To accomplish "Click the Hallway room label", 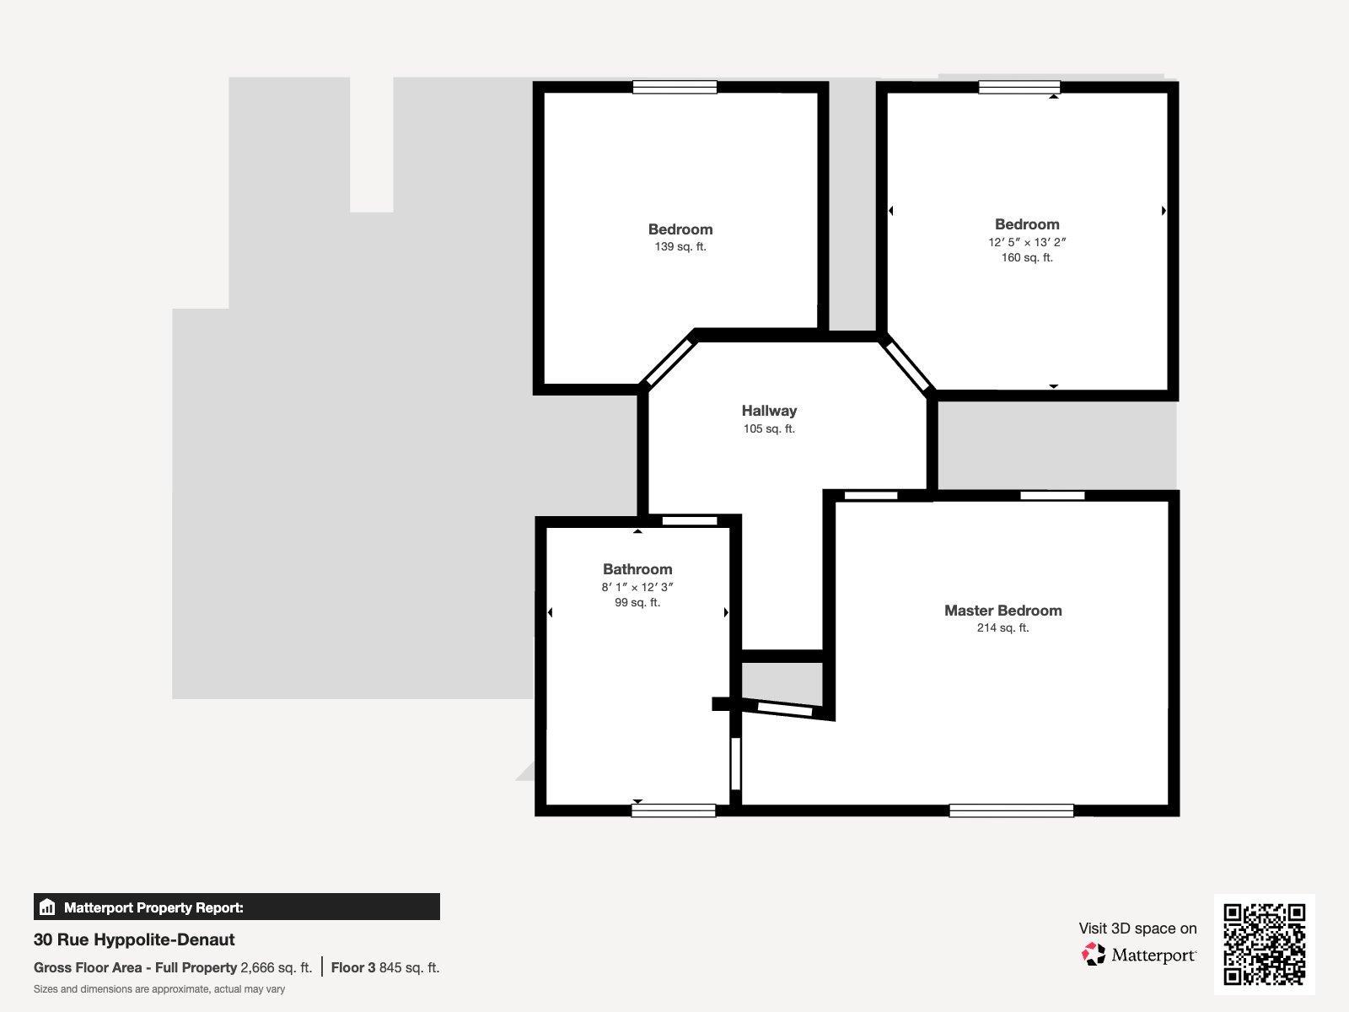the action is click(x=769, y=411).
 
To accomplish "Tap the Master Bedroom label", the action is click(x=1003, y=610).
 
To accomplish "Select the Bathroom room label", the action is click(x=637, y=569).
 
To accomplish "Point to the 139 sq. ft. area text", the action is click(x=680, y=246).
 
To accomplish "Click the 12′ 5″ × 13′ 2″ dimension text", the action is click(x=1027, y=242).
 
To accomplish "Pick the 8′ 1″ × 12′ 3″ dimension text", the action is click(x=637, y=587).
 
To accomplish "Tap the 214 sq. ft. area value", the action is click(x=1003, y=627).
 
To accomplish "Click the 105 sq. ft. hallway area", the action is click(x=769, y=428).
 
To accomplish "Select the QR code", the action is click(x=1264, y=945).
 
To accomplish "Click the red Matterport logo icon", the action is click(x=1094, y=955).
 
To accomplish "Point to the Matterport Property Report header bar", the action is click(x=237, y=907).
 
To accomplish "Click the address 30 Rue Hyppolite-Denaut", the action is click(x=134, y=939).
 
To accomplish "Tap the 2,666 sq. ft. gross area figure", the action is click(x=276, y=968).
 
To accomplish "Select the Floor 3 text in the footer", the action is click(x=352, y=968).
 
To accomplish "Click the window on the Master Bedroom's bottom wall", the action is click(x=1011, y=811).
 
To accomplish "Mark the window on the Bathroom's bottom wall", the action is click(x=674, y=811).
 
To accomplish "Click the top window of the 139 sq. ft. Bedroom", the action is click(x=674, y=87).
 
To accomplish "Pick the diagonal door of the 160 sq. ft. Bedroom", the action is click(x=906, y=366).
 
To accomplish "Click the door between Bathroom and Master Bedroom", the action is click(x=736, y=764).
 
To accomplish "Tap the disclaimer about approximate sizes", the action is click(x=159, y=989).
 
